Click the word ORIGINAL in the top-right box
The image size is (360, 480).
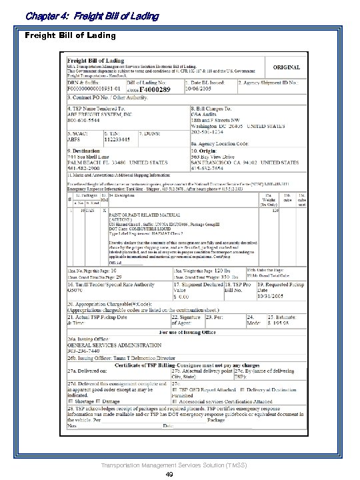pos(286,67)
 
